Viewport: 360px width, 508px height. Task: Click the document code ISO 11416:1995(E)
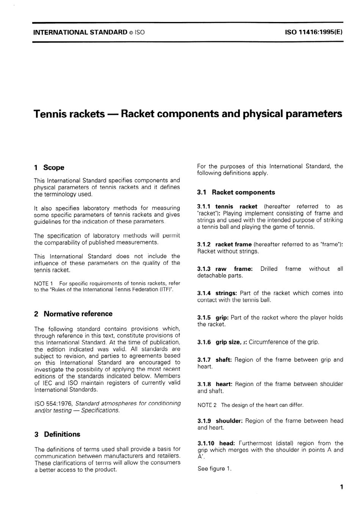click(313, 32)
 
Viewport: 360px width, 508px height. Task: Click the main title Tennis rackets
click(69, 114)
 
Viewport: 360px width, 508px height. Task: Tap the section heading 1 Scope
click(49, 167)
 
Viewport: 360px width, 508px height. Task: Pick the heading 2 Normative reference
click(73, 314)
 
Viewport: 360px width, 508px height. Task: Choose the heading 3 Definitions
click(57, 434)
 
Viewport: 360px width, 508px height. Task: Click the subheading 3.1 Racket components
click(236, 192)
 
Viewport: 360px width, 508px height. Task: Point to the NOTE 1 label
click(44, 283)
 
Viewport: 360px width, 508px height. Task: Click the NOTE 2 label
click(207, 405)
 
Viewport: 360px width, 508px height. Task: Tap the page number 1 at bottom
click(341, 487)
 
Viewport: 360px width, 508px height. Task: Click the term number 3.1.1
click(204, 206)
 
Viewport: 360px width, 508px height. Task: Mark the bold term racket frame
click(233, 244)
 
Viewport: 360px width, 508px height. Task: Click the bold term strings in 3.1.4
click(226, 293)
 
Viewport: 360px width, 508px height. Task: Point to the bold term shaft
click(224, 360)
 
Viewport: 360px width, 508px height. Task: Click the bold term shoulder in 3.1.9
click(229, 421)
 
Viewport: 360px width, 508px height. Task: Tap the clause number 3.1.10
click(206, 443)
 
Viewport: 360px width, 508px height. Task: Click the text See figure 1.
click(214, 469)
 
